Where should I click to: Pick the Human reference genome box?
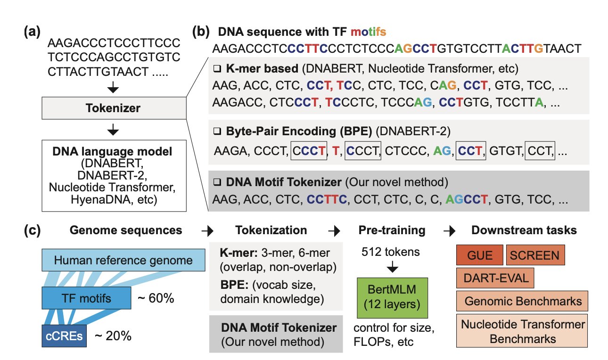pos(123,260)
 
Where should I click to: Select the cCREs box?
pos(65,336)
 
